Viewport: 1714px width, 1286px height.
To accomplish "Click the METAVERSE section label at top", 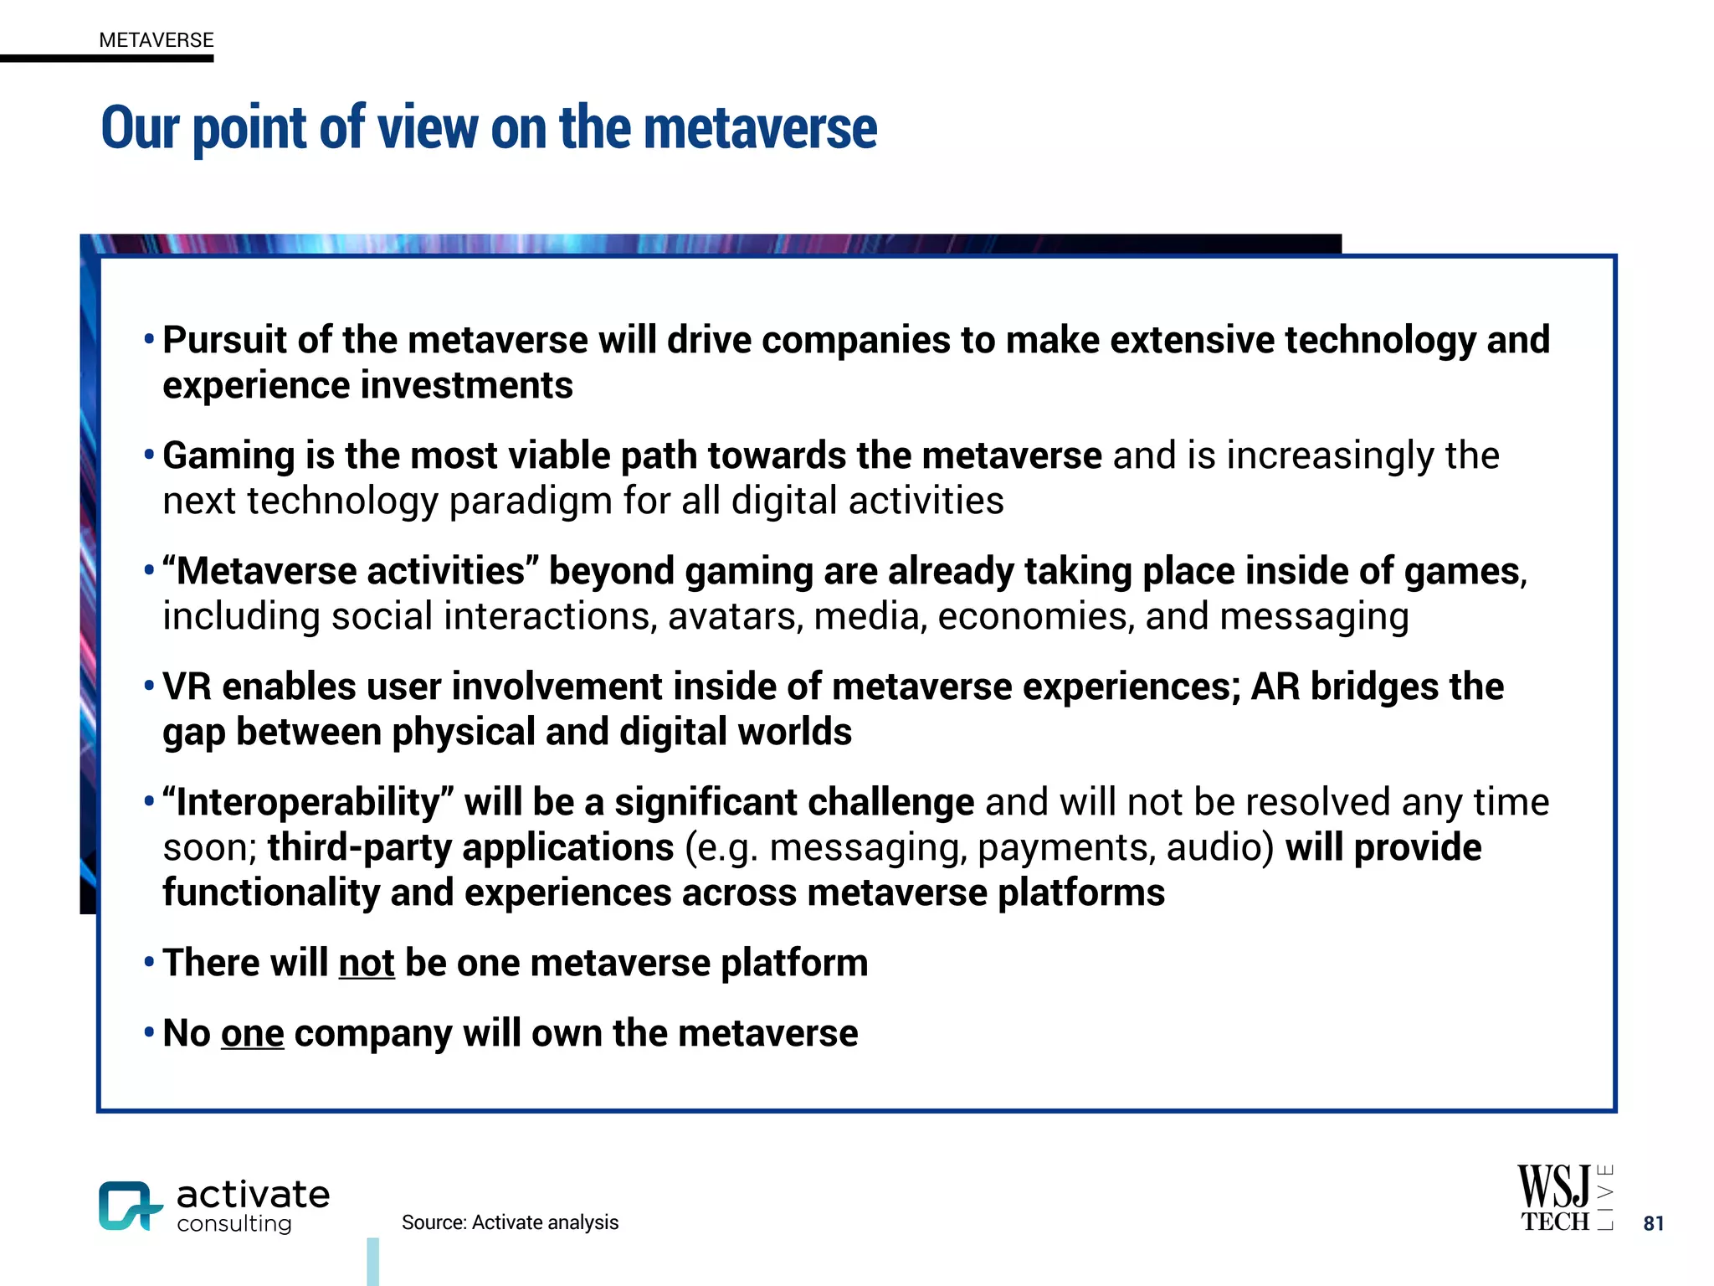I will click(x=156, y=40).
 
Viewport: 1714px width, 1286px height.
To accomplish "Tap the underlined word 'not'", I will click(x=366, y=963).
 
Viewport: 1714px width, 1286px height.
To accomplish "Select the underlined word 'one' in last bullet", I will click(x=252, y=1033).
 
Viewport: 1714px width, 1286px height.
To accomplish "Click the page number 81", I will click(x=1653, y=1223).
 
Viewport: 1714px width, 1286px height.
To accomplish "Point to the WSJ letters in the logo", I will click(x=1553, y=1186).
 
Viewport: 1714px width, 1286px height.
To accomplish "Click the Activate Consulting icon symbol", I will click(x=129, y=1206).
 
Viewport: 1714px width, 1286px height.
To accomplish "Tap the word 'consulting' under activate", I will click(x=234, y=1224).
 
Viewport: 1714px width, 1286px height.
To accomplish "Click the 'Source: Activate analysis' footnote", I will click(x=510, y=1222).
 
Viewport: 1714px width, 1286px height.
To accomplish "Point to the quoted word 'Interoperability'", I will click(x=308, y=803).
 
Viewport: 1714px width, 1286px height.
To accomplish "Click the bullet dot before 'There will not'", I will click(x=149, y=962).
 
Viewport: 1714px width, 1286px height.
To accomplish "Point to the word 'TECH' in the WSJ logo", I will click(x=1554, y=1222).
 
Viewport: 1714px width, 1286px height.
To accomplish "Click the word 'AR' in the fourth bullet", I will click(x=1275, y=687).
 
